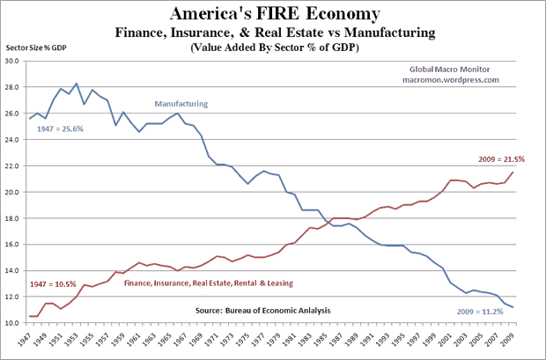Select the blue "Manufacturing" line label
tap(181, 103)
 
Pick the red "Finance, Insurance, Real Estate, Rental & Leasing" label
tap(209, 283)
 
